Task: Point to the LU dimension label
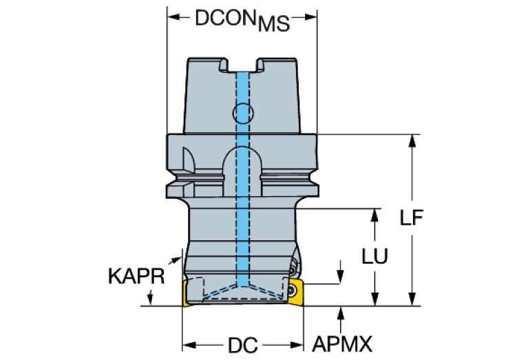point(375,256)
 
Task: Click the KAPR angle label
point(136,276)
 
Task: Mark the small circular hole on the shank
point(242,112)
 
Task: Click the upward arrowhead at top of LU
point(375,214)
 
